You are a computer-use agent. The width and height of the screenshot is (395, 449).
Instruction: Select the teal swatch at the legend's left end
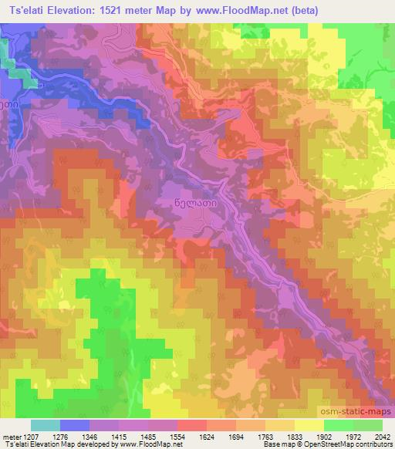pos(46,425)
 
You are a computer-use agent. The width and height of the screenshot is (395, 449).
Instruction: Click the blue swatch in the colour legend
pos(75,425)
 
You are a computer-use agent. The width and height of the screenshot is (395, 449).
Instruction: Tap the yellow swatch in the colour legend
pos(309,425)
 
